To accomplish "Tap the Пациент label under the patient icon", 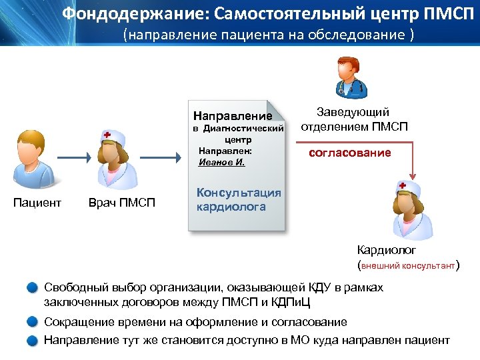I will coord(37,203).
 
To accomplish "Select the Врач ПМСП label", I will coord(121,203).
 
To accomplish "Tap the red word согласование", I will coord(349,153).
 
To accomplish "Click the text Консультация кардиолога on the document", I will coord(239,199).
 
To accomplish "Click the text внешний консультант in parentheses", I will coord(408,265).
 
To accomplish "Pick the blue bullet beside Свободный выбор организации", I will coord(33,288).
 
